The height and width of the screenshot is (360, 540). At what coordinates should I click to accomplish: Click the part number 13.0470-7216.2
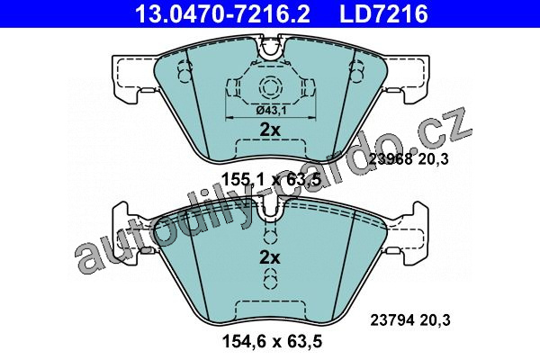(223, 13)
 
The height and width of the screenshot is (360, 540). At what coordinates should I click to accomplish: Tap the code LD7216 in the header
(383, 13)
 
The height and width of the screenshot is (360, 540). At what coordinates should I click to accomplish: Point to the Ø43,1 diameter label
(272, 111)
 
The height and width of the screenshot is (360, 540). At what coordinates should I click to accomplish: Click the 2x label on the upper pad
(270, 130)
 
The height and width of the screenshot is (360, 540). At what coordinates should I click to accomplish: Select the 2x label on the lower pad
(270, 257)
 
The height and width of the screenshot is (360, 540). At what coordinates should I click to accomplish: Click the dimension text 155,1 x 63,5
(272, 179)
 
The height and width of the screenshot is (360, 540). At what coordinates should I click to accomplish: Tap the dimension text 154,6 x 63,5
(272, 341)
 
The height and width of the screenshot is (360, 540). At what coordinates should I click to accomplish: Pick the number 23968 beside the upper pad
(391, 159)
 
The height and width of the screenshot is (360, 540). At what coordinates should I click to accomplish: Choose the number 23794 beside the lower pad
(391, 320)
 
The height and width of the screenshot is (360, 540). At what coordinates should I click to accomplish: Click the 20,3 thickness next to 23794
(435, 320)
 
